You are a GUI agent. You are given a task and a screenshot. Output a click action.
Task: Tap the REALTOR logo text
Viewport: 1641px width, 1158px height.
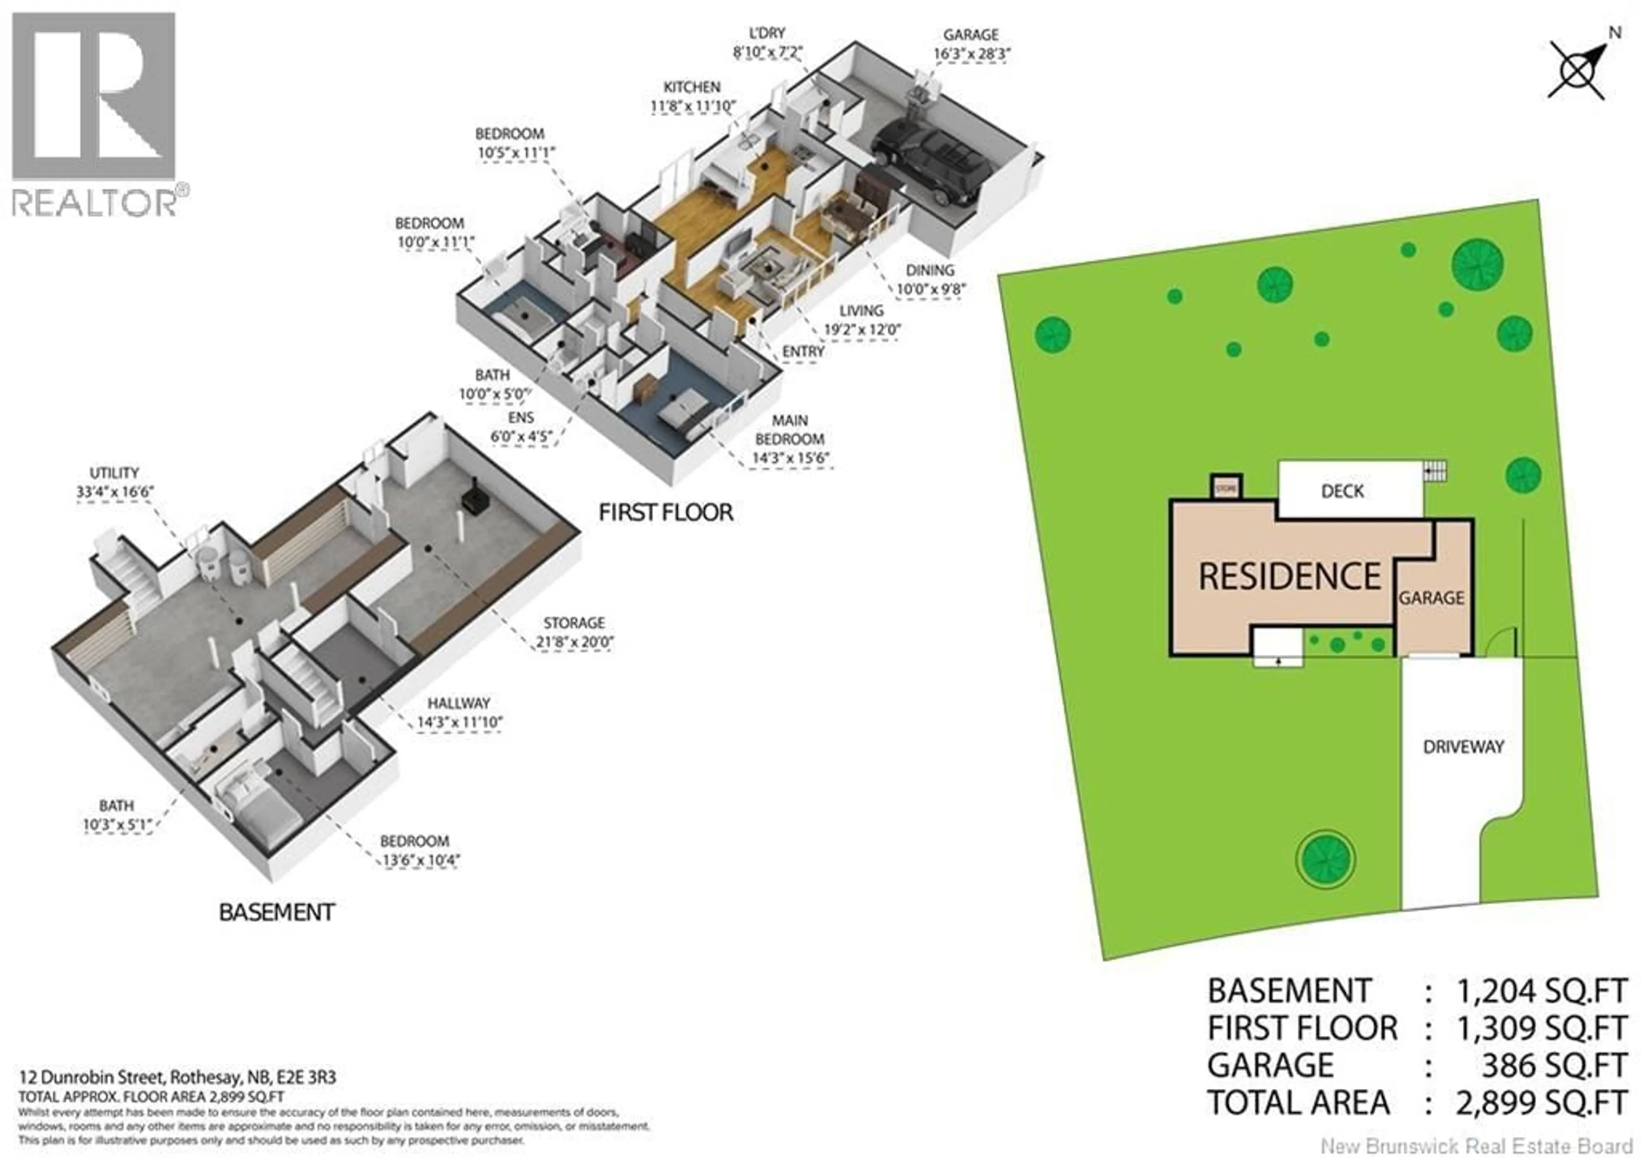tap(94, 203)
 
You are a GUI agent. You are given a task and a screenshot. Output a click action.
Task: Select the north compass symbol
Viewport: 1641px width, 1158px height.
tap(1578, 71)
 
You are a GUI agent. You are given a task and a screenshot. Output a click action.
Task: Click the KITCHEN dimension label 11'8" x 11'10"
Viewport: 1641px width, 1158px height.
tap(692, 106)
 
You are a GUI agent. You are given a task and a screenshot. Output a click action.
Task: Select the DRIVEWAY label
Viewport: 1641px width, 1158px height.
tap(1463, 747)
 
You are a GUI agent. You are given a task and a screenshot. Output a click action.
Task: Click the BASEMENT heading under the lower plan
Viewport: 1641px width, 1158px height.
tap(276, 913)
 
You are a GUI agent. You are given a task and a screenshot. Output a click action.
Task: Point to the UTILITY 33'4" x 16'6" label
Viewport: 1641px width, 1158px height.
tap(115, 482)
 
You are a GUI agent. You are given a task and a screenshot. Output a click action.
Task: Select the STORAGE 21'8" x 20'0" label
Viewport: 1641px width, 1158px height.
tap(574, 632)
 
